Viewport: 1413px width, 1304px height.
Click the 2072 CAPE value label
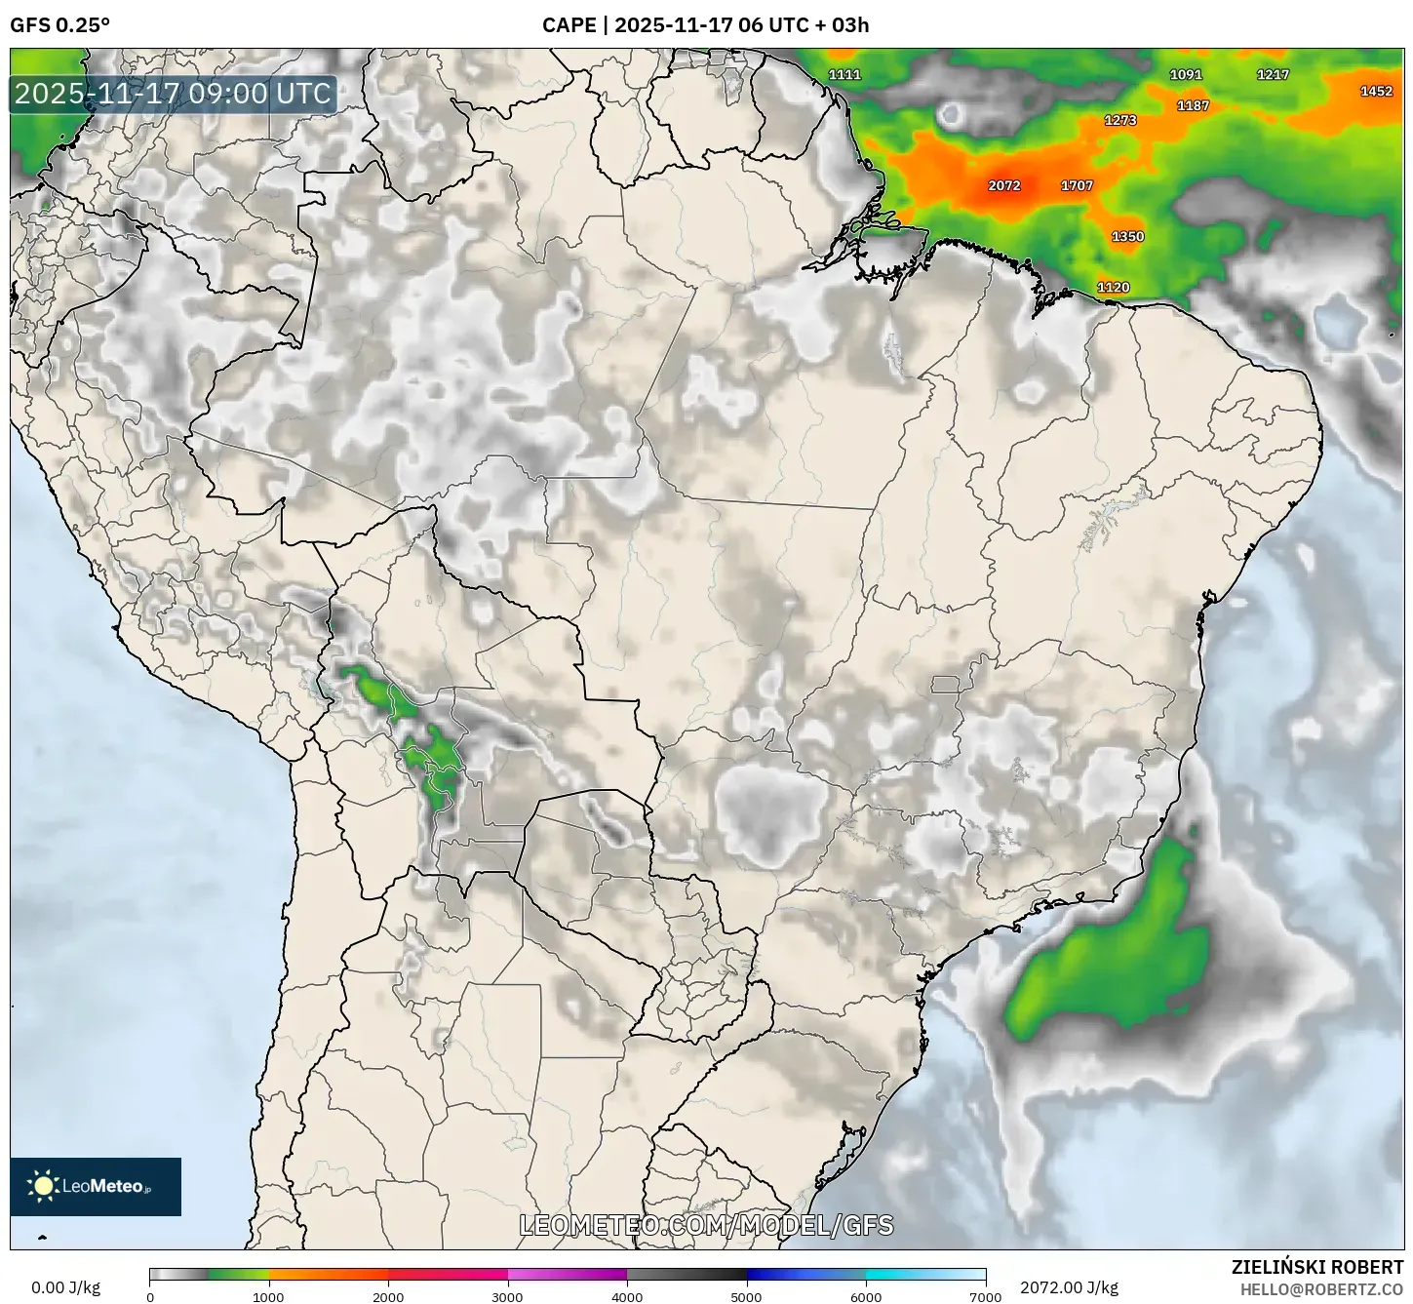tap(1003, 185)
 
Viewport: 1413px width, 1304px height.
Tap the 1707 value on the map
tap(1077, 185)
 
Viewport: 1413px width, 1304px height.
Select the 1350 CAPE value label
tap(1127, 236)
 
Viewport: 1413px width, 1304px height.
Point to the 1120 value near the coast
tap(1113, 287)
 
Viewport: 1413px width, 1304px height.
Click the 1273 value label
tap(1119, 120)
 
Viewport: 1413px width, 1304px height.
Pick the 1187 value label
tap(1193, 105)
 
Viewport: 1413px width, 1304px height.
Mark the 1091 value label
tap(1186, 74)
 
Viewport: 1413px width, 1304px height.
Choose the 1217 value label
tap(1273, 74)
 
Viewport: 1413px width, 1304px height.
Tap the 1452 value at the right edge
tap(1376, 91)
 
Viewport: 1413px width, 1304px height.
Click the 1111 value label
tap(844, 74)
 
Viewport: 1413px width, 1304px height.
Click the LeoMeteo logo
tap(96, 1186)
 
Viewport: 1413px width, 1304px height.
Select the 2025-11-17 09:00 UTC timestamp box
tap(173, 94)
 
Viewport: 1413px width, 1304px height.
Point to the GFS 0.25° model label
tap(59, 24)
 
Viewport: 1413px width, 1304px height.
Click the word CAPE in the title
tap(569, 24)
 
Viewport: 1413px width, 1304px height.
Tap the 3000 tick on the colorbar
tap(507, 1296)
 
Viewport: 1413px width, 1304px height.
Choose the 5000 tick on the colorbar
tap(746, 1296)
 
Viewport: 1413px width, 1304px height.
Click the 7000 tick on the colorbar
tap(985, 1296)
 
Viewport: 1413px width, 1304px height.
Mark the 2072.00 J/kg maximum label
tap(1069, 1286)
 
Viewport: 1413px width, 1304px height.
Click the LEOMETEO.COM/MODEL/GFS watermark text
tap(706, 1225)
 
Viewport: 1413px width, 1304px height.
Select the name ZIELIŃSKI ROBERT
tap(1316, 1267)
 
